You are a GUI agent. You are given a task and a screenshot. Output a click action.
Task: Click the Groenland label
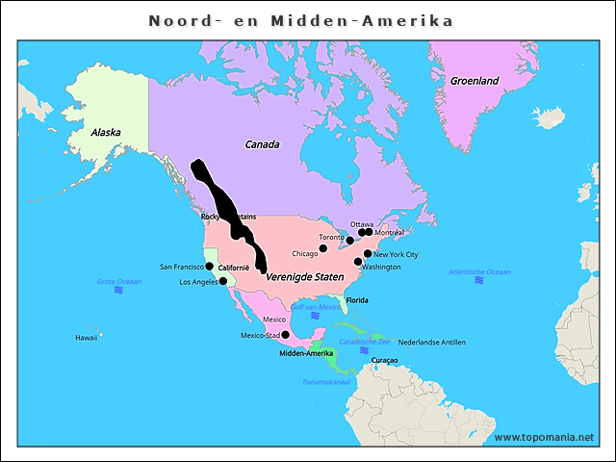[x=475, y=81]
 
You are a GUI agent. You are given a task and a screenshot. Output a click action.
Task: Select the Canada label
[x=262, y=144]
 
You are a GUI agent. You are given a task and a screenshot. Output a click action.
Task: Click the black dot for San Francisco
[x=210, y=266]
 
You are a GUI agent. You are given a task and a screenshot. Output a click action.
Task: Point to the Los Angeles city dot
[x=223, y=281]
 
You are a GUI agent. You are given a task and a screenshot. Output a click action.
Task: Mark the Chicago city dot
[x=323, y=248]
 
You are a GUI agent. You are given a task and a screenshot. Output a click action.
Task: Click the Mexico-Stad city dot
[x=285, y=335]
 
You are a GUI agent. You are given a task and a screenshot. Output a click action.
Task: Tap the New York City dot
[x=368, y=254]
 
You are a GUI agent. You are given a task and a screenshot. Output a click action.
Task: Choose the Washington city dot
[x=358, y=262]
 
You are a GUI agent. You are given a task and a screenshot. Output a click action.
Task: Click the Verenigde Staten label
[x=304, y=276]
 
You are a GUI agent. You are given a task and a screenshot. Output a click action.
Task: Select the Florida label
[x=357, y=300]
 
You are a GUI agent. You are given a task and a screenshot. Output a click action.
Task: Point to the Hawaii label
[x=87, y=338]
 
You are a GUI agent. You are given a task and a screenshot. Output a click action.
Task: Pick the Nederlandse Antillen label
[x=431, y=342]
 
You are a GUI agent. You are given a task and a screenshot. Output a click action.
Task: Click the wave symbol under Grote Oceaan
[x=118, y=290]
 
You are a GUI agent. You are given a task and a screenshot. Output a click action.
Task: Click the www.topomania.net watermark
[x=544, y=437]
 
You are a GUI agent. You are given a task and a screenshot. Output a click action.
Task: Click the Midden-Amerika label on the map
[x=305, y=353]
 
